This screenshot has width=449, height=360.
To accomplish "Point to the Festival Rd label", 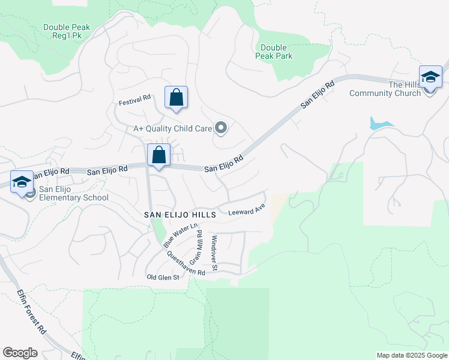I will click(134, 100).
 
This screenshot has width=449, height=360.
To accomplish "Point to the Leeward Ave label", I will click(246, 211).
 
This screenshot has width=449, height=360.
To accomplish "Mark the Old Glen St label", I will click(163, 277).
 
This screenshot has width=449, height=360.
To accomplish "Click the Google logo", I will click(20, 353).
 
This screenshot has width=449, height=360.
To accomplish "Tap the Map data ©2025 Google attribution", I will click(411, 355).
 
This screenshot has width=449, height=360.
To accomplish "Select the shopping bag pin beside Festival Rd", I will click(176, 97).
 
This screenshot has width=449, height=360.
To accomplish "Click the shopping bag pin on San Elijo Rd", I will click(158, 155).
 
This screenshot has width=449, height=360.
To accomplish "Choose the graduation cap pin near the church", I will click(430, 77).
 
